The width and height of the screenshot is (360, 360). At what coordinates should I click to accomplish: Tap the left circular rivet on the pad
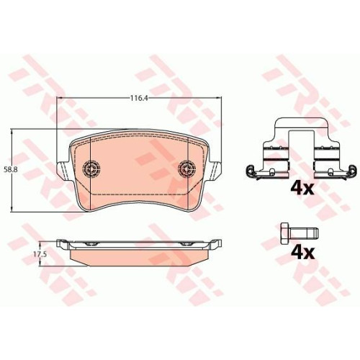(x=91, y=168)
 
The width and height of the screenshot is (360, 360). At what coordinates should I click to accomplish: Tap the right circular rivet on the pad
(x=186, y=168)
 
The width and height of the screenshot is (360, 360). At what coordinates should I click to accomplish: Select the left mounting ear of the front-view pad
(x=63, y=171)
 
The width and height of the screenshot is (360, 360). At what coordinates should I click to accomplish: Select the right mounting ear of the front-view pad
(x=215, y=171)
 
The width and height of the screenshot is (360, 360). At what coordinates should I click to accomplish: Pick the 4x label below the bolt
(x=302, y=253)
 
